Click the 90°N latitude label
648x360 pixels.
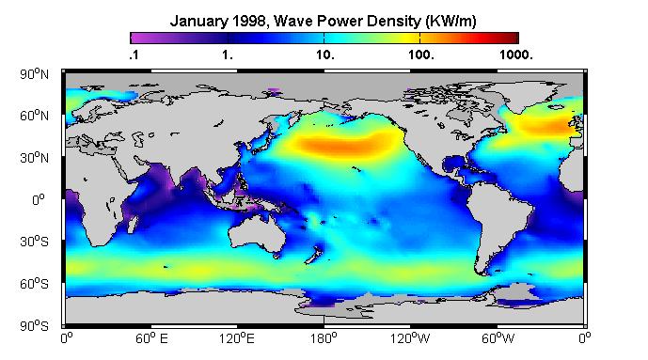34,74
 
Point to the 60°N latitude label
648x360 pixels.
34,116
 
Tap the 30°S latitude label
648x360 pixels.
34,242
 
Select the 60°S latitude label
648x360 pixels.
34,284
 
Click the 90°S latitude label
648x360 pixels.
34,326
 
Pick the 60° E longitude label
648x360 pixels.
151,339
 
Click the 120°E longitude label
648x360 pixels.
237,339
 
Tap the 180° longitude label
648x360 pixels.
324,339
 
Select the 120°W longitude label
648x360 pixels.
410,339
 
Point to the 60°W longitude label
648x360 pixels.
498,339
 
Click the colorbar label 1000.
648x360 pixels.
516,55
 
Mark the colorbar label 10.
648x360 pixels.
325,55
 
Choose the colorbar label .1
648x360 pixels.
134,55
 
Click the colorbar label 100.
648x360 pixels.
421,55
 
